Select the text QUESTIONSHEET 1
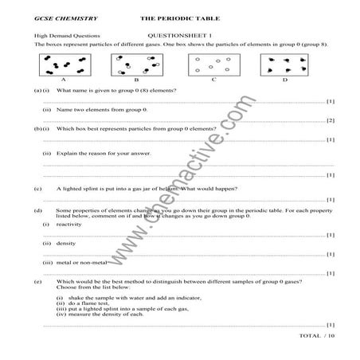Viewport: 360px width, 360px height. [177, 36]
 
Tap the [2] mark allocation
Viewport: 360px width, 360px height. [330, 120]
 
